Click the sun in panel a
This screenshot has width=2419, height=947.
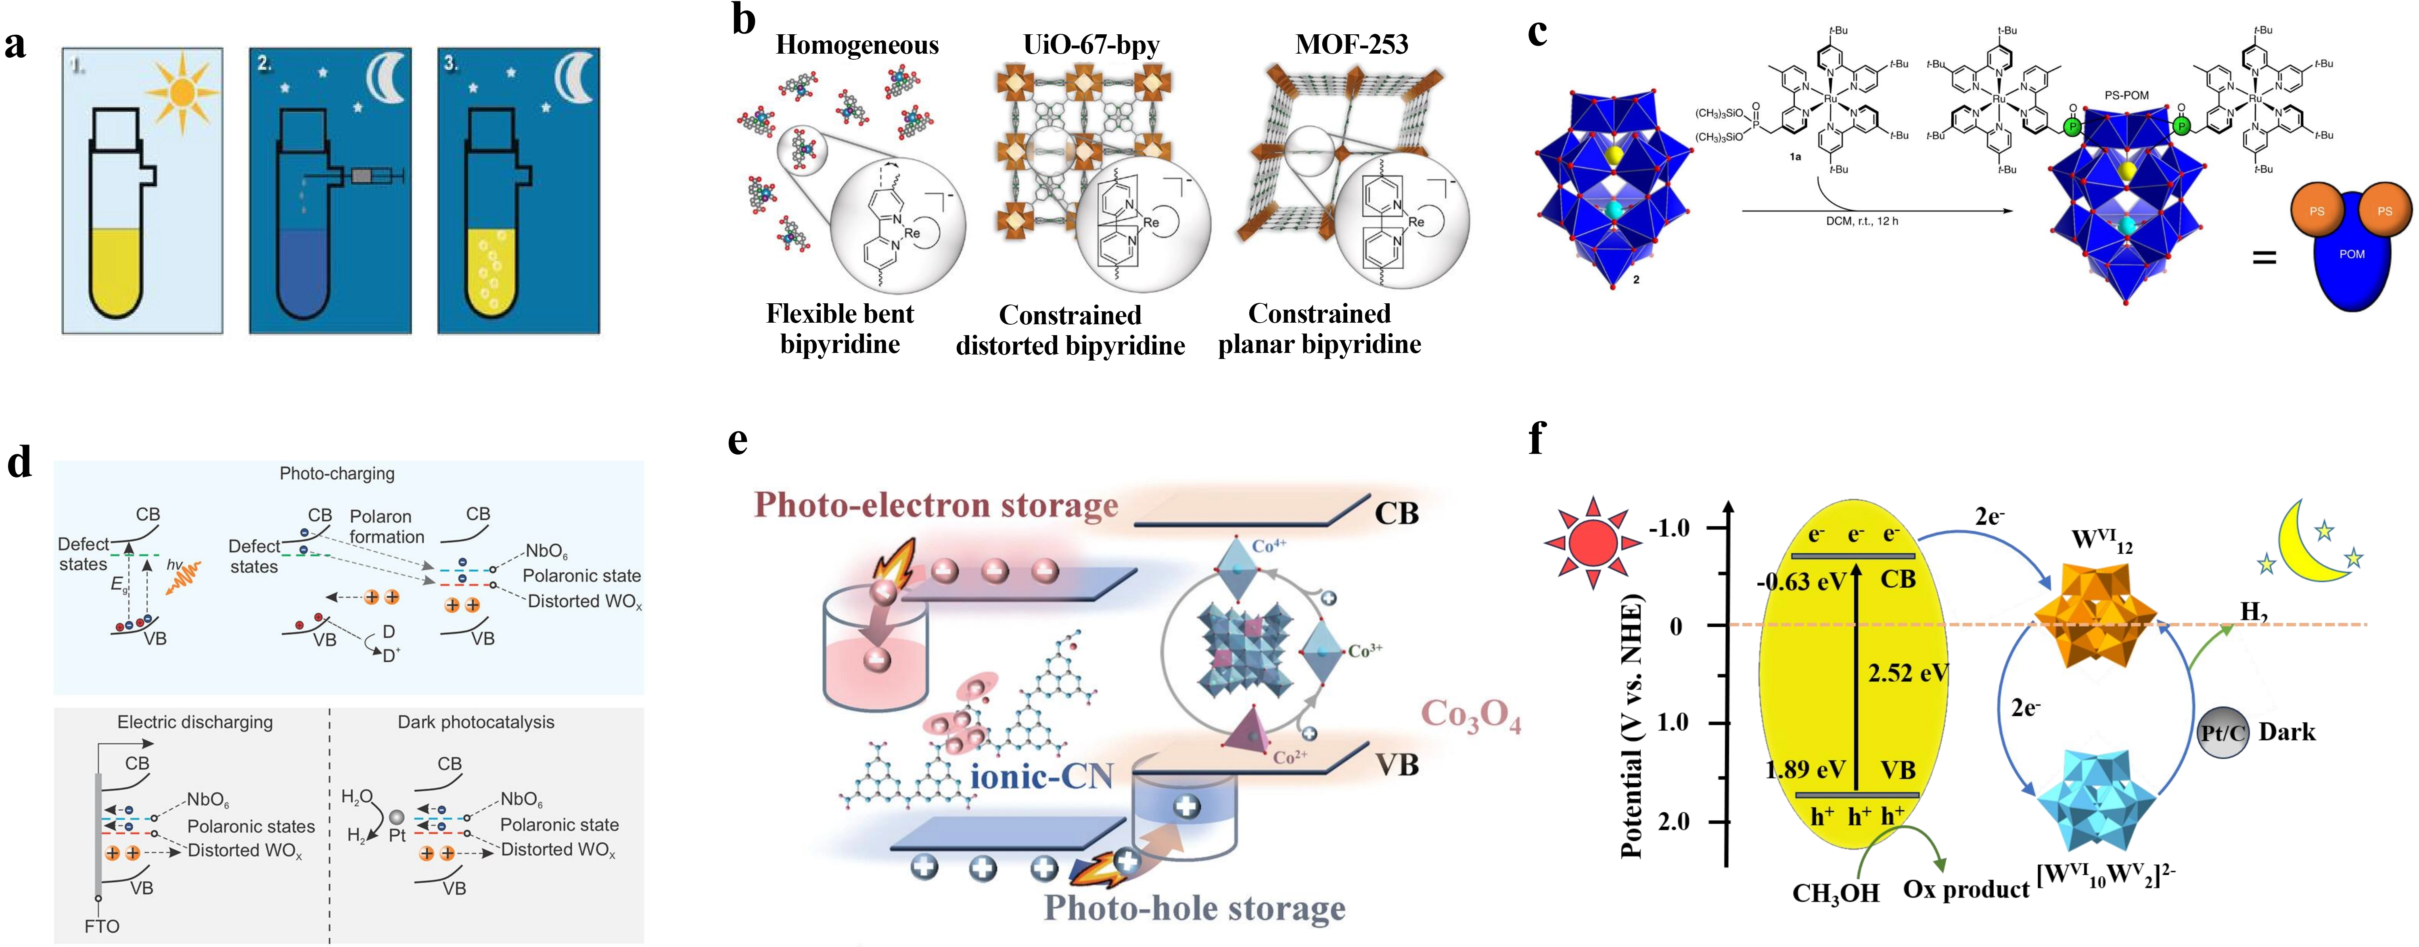point(185,91)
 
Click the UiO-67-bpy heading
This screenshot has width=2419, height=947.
point(1091,44)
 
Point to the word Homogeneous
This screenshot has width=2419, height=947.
point(856,45)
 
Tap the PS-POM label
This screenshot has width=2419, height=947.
point(2126,95)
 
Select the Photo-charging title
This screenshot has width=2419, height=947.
point(337,473)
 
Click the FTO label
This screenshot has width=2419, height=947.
point(101,926)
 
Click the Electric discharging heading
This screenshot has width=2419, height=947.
point(194,722)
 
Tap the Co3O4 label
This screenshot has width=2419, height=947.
point(1470,715)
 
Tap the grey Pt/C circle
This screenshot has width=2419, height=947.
point(2223,732)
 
